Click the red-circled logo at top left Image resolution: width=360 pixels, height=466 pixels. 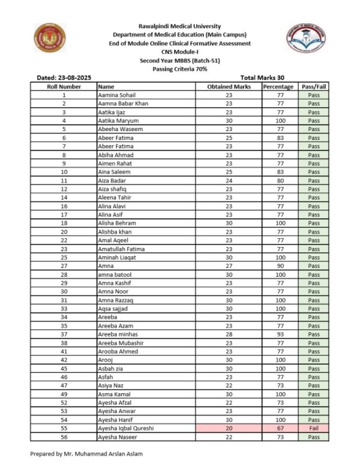click(x=50, y=38)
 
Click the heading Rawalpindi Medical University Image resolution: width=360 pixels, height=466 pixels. click(x=179, y=26)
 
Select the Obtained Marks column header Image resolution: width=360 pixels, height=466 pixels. click(x=229, y=86)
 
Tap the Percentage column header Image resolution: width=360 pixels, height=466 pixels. click(x=278, y=86)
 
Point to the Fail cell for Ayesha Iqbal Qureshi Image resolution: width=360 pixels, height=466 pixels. click(x=313, y=428)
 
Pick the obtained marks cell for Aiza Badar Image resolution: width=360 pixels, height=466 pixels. click(x=229, y=181)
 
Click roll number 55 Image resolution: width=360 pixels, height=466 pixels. click(x=63, y=428)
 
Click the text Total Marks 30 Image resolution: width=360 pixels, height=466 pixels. click(x=262, y=77)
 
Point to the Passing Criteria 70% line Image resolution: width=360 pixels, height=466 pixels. click(x=179, y=69)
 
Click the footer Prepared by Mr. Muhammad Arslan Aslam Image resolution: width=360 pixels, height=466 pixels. click(x=87, y=453)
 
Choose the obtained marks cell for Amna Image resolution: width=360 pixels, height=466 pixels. click(x=229, y=266)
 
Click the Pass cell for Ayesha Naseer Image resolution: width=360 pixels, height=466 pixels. click(x=313, y=437)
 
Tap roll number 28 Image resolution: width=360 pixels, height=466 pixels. click(x=63, y=274)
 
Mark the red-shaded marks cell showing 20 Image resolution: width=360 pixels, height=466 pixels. click(x=229, y=428)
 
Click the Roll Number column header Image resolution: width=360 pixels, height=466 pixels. click(x=63, y=86)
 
